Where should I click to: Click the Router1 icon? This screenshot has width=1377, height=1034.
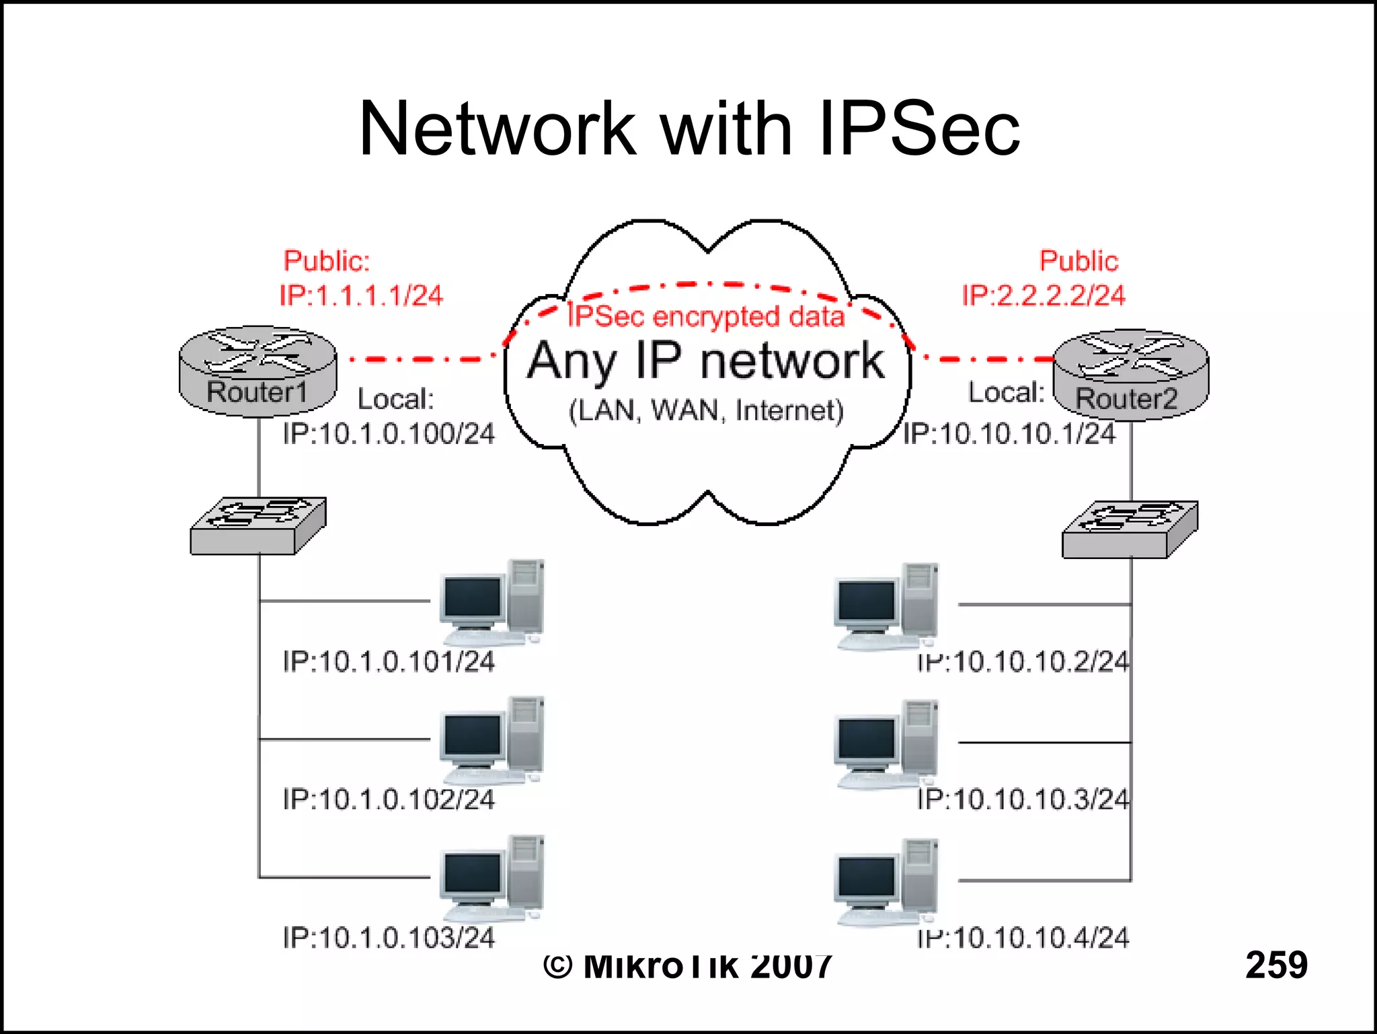258,371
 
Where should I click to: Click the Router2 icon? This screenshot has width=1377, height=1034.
1130,375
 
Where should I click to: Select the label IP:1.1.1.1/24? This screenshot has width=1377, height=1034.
361,295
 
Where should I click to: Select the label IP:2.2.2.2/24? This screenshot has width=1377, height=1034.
1043,295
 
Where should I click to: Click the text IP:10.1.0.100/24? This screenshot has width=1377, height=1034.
388,434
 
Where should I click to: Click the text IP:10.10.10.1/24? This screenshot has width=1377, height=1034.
1009,434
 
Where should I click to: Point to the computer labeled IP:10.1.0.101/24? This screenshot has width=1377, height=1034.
491,602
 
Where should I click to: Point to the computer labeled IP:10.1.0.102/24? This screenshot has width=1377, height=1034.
491,740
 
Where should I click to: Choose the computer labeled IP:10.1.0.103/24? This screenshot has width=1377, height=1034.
491,878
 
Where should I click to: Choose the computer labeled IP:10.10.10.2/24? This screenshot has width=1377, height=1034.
886,606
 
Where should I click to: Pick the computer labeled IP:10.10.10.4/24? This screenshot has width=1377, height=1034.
886,882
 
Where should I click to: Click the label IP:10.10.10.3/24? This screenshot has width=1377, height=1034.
1023,799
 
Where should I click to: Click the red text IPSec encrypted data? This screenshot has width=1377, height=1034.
705,316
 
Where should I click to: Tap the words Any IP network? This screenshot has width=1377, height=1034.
705,361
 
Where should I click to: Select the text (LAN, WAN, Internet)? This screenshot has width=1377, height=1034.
705,410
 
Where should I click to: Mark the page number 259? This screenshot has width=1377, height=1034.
1275,964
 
